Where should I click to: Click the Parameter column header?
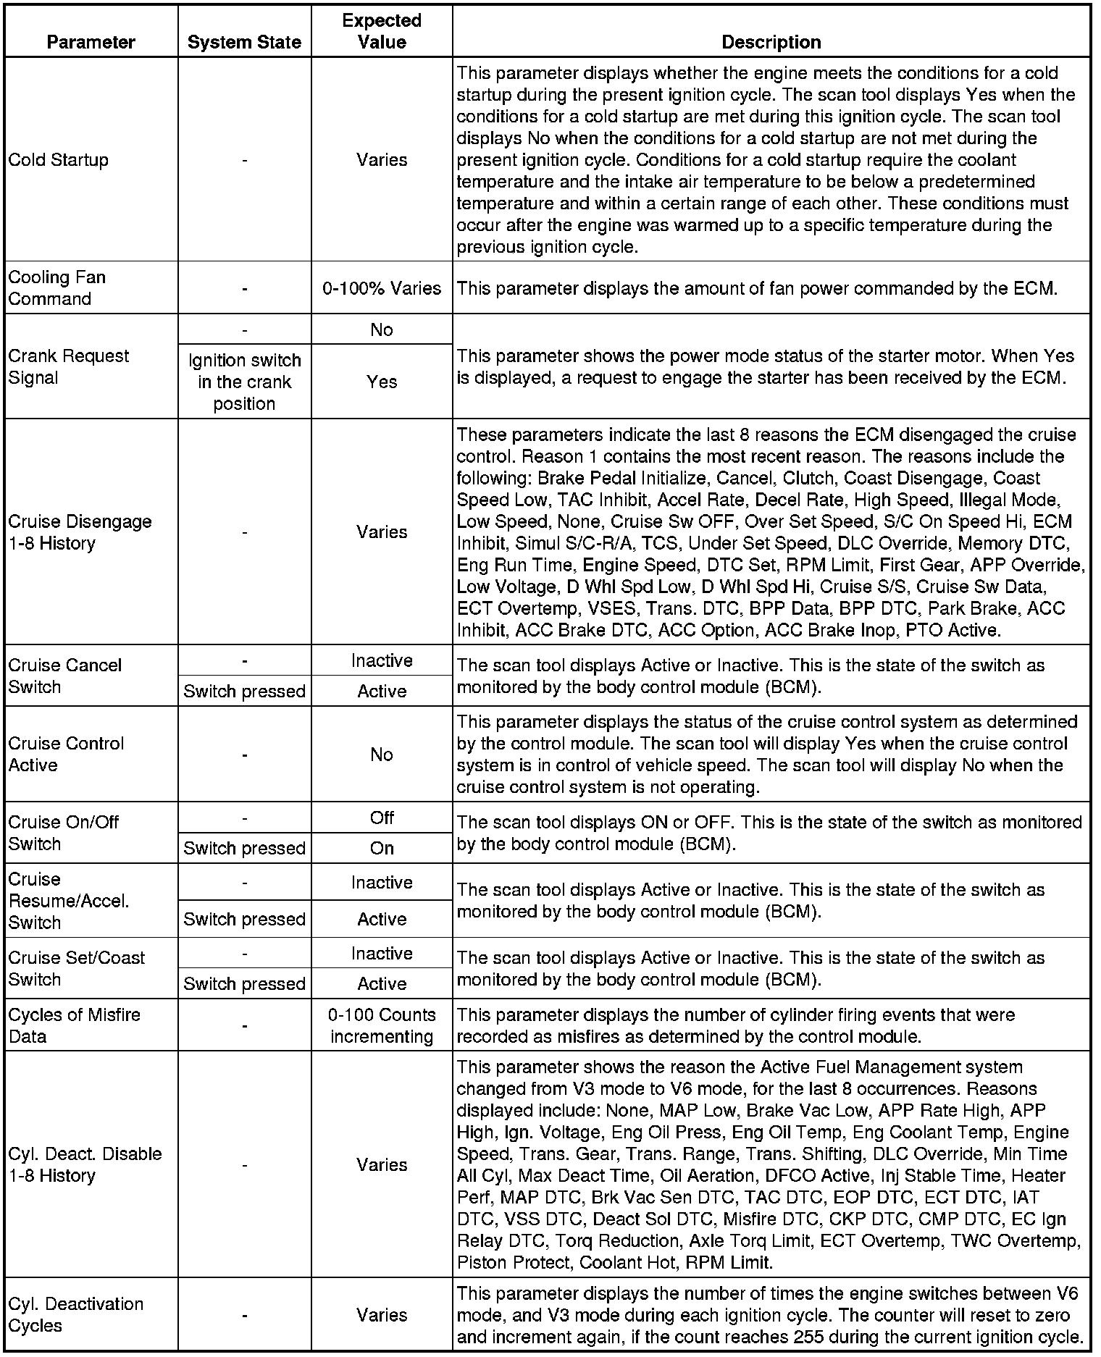click(91, 42)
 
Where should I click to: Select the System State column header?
click(244, 42)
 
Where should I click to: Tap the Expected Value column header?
click(382, 31)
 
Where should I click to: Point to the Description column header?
click(771, 42)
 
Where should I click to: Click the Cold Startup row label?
click(58, 159)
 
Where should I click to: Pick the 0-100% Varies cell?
click(382, 288)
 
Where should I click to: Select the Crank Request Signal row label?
click(68, 366)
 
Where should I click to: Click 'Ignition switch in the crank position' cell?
click(244, 382)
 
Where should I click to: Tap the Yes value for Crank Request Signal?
click(382, 382)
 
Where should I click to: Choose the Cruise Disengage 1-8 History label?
click(80, 532)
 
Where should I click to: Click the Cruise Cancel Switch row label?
click(64, 676)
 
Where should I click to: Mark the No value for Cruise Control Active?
click(382, 755)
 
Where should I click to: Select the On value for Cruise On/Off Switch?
click(382, 848)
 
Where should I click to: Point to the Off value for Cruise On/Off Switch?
click(382, 818)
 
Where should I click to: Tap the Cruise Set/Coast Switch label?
click(76, 968)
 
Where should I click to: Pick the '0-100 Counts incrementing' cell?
click(382, 1025)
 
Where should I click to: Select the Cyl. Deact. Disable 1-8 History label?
click(85, 1164)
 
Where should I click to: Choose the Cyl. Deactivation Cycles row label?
click(75, 1314)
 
